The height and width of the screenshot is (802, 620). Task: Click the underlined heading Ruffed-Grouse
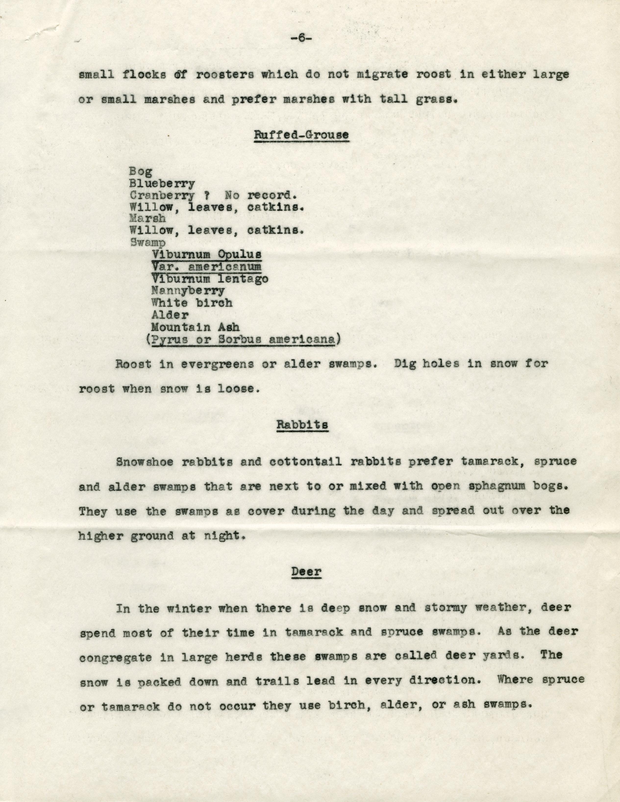301,135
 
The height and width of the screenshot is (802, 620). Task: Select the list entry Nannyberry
188,291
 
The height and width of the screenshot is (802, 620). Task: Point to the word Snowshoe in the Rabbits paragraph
145,461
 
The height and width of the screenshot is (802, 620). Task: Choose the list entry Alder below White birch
170,315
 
